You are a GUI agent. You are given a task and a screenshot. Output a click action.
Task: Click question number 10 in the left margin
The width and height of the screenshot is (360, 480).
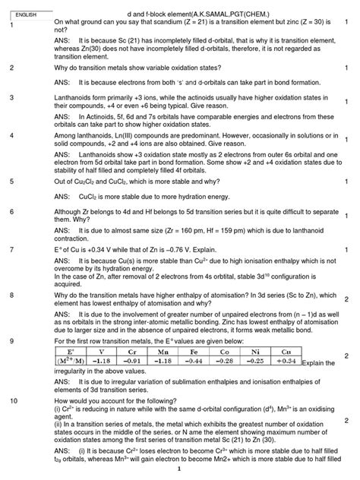14,399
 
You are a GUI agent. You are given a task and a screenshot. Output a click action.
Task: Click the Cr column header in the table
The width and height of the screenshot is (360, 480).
133,352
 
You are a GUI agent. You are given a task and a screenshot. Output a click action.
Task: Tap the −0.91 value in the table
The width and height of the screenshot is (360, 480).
133,362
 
